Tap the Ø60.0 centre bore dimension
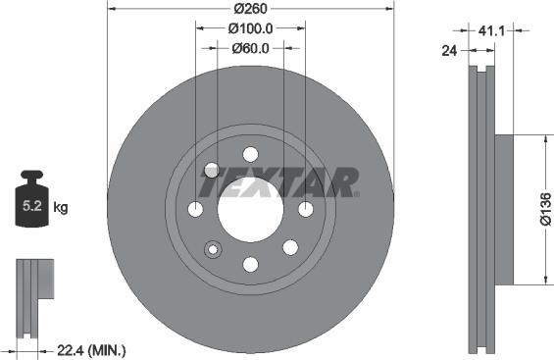249,47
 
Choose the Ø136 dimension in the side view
544,209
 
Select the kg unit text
62,207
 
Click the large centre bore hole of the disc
250,209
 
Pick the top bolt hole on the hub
250,154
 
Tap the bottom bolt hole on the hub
250,264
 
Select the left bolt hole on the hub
195,209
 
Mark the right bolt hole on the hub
305,209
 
